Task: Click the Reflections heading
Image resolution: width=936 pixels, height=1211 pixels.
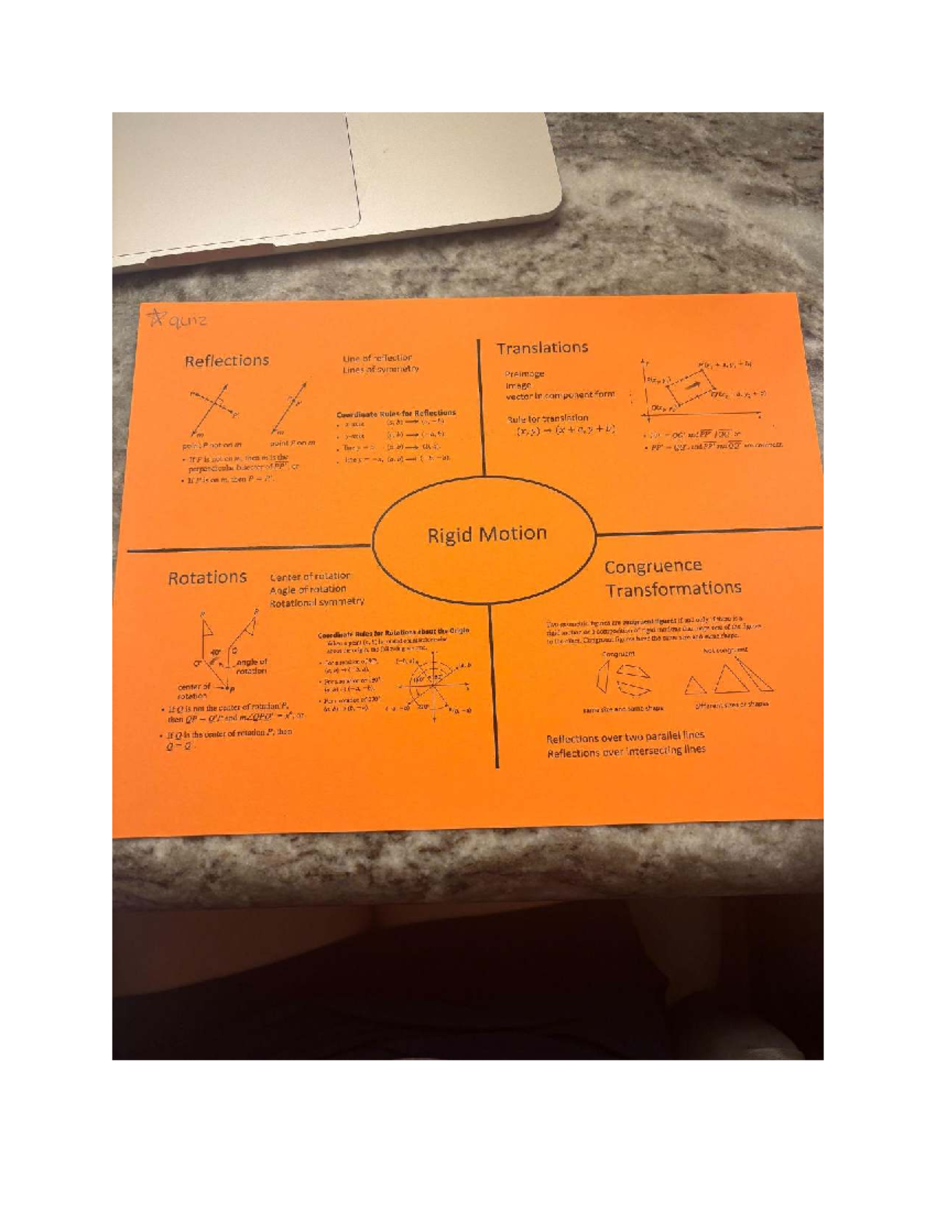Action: (x=226, y=360)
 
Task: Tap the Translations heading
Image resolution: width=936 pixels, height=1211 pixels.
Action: (x=542, y=348)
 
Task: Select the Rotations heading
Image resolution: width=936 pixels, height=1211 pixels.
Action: (x=207, y=578)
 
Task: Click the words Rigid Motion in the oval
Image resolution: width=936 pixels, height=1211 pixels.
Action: (x=487, y=534)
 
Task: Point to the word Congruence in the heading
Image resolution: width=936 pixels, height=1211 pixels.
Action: (x=653, y=566)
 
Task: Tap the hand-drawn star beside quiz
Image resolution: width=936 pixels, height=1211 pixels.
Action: (x=156, y=318)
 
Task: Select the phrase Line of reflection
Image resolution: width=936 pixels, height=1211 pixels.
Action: (x=377, y=358)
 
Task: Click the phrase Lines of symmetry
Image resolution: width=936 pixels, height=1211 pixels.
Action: (x=380, y=370)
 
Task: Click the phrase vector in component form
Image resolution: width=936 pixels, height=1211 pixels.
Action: (x=559, y=395)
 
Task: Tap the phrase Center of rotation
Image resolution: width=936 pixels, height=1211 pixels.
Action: (x=310, y=577)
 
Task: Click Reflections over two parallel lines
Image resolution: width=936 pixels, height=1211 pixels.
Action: (x=625, y=737)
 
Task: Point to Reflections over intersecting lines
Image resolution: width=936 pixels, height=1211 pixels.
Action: (x=626, y=752)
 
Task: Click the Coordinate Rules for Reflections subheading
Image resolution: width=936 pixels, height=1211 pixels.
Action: (x=395, y=413)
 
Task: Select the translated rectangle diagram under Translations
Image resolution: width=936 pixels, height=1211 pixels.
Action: (x=694, y=388)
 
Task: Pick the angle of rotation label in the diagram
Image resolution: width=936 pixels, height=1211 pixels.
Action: (x=251, y=666)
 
